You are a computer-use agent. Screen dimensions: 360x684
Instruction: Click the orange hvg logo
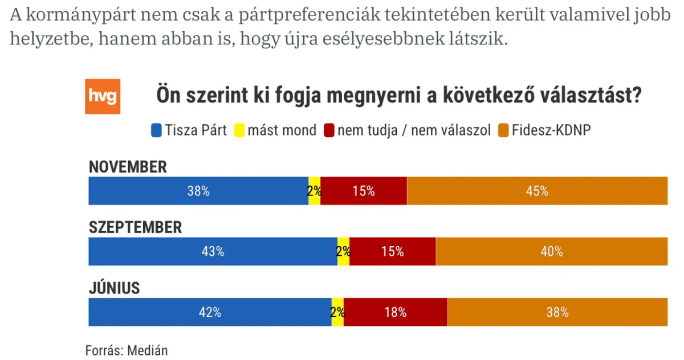(103, 96)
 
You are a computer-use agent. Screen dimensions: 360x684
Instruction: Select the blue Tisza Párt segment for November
(198, 191)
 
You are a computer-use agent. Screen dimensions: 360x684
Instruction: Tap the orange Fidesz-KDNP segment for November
(537, 191)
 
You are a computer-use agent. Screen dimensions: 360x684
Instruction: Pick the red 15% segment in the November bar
(364, 191)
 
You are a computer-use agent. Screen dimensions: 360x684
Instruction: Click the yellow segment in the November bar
(315, 191)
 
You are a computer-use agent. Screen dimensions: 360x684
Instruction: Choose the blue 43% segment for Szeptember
(213, 251)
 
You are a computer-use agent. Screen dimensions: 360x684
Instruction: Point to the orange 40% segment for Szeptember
(551, 251)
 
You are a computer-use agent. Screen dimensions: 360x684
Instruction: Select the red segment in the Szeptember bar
(393, 251)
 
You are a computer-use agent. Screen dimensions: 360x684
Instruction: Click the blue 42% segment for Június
(210, 312)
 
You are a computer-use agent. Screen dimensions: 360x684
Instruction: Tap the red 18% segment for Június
(396, 312)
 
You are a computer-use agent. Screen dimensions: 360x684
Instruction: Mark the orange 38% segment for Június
(557, 312)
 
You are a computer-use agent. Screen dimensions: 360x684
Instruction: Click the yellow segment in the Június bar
(337, 312)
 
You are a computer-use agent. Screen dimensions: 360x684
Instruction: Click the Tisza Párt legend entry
(189, 130)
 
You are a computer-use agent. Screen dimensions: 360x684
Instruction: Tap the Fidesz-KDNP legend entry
(544, 130)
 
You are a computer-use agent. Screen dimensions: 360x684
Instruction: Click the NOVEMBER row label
(128, 167)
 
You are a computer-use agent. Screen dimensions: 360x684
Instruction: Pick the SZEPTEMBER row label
(135, 227)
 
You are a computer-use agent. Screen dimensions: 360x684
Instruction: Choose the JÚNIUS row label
(114, 288)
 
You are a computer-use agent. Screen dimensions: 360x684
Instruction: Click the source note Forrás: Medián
(127, 350)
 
